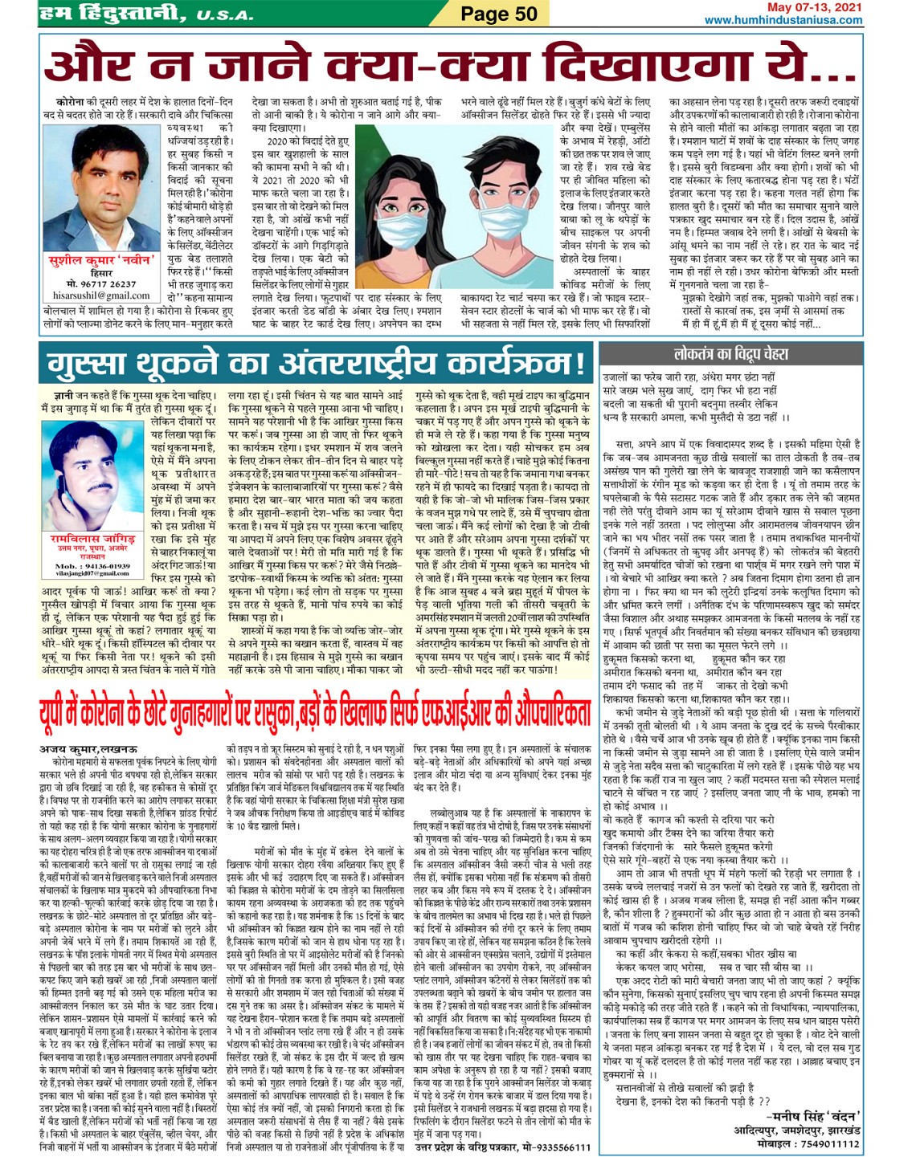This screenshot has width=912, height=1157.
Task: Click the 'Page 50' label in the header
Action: (498, 14)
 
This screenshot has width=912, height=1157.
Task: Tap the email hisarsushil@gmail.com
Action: (90, 295)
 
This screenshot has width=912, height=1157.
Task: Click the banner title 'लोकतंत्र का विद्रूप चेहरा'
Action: (730, 353)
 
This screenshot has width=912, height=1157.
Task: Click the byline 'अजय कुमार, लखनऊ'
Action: (88, 748)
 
